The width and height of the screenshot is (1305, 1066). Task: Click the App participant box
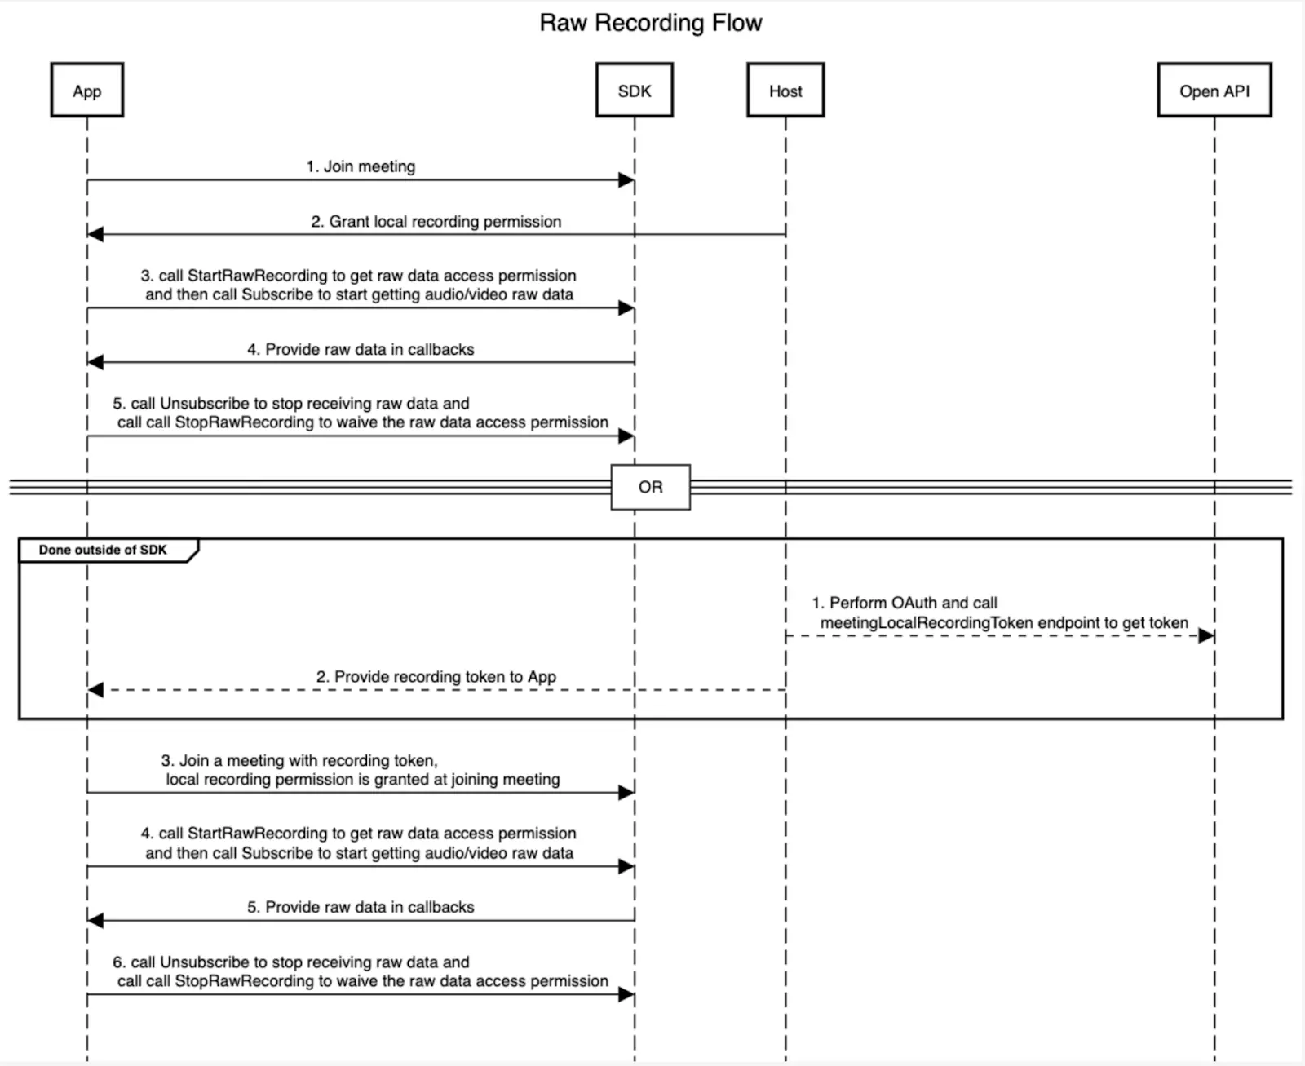tap(86, 91)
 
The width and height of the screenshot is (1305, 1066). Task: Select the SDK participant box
tap(634, 91)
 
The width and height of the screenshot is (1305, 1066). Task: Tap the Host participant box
tap(785, 91)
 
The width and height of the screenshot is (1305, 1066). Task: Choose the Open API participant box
tap(1214, 91)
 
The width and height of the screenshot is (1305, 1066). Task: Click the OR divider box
tap(650, 487)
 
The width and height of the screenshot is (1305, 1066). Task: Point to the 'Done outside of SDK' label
tap(103, 550)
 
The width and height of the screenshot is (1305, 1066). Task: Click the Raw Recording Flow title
tap(650, 23)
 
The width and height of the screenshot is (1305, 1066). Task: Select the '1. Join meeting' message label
tap(361, 166)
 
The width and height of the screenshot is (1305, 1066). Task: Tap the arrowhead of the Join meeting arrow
tap(626, 180)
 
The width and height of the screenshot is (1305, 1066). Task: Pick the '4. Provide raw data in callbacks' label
tap(361, 349)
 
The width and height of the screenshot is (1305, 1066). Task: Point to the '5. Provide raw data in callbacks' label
tap(361, 907)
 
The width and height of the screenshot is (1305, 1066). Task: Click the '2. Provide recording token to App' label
tap(436, 677)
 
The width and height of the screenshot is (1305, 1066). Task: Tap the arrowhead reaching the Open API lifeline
tap(1205, 636)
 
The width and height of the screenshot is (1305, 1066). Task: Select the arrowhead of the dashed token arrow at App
tap(96, 690)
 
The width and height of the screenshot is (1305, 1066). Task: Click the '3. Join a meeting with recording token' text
tap(299, 760)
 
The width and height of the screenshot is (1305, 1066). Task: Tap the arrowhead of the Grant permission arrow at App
tap(96, 235)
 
